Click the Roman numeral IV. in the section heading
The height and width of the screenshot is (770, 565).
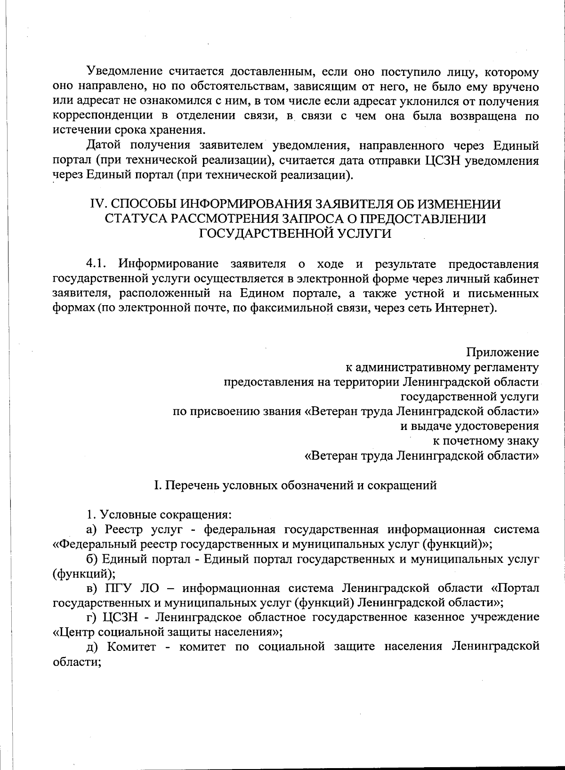98,204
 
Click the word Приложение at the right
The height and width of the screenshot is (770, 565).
502,352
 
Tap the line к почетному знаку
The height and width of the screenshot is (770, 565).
485,441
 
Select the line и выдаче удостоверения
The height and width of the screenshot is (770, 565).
469,426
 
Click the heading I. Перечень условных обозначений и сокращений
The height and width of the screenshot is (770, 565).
295,485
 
